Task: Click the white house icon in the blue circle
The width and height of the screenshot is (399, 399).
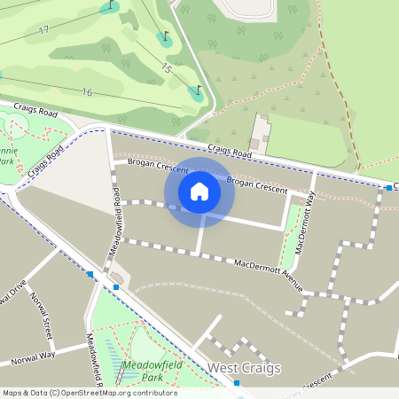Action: pos(199,192)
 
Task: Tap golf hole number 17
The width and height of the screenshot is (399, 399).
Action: pos(43,30)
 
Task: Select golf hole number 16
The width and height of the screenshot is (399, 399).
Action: pos(86,92)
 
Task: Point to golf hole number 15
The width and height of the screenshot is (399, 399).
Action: pos(166,68)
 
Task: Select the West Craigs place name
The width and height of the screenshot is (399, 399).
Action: pos(243,367)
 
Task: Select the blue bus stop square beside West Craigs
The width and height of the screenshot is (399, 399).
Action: pos(237,383)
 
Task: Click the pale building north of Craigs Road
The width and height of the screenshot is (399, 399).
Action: pos(260,133)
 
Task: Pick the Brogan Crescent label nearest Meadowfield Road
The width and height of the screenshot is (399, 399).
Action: pos(157,164)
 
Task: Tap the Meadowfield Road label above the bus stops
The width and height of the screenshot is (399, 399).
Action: pos(114,230)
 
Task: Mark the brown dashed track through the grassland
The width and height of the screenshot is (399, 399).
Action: pos(340,98)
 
